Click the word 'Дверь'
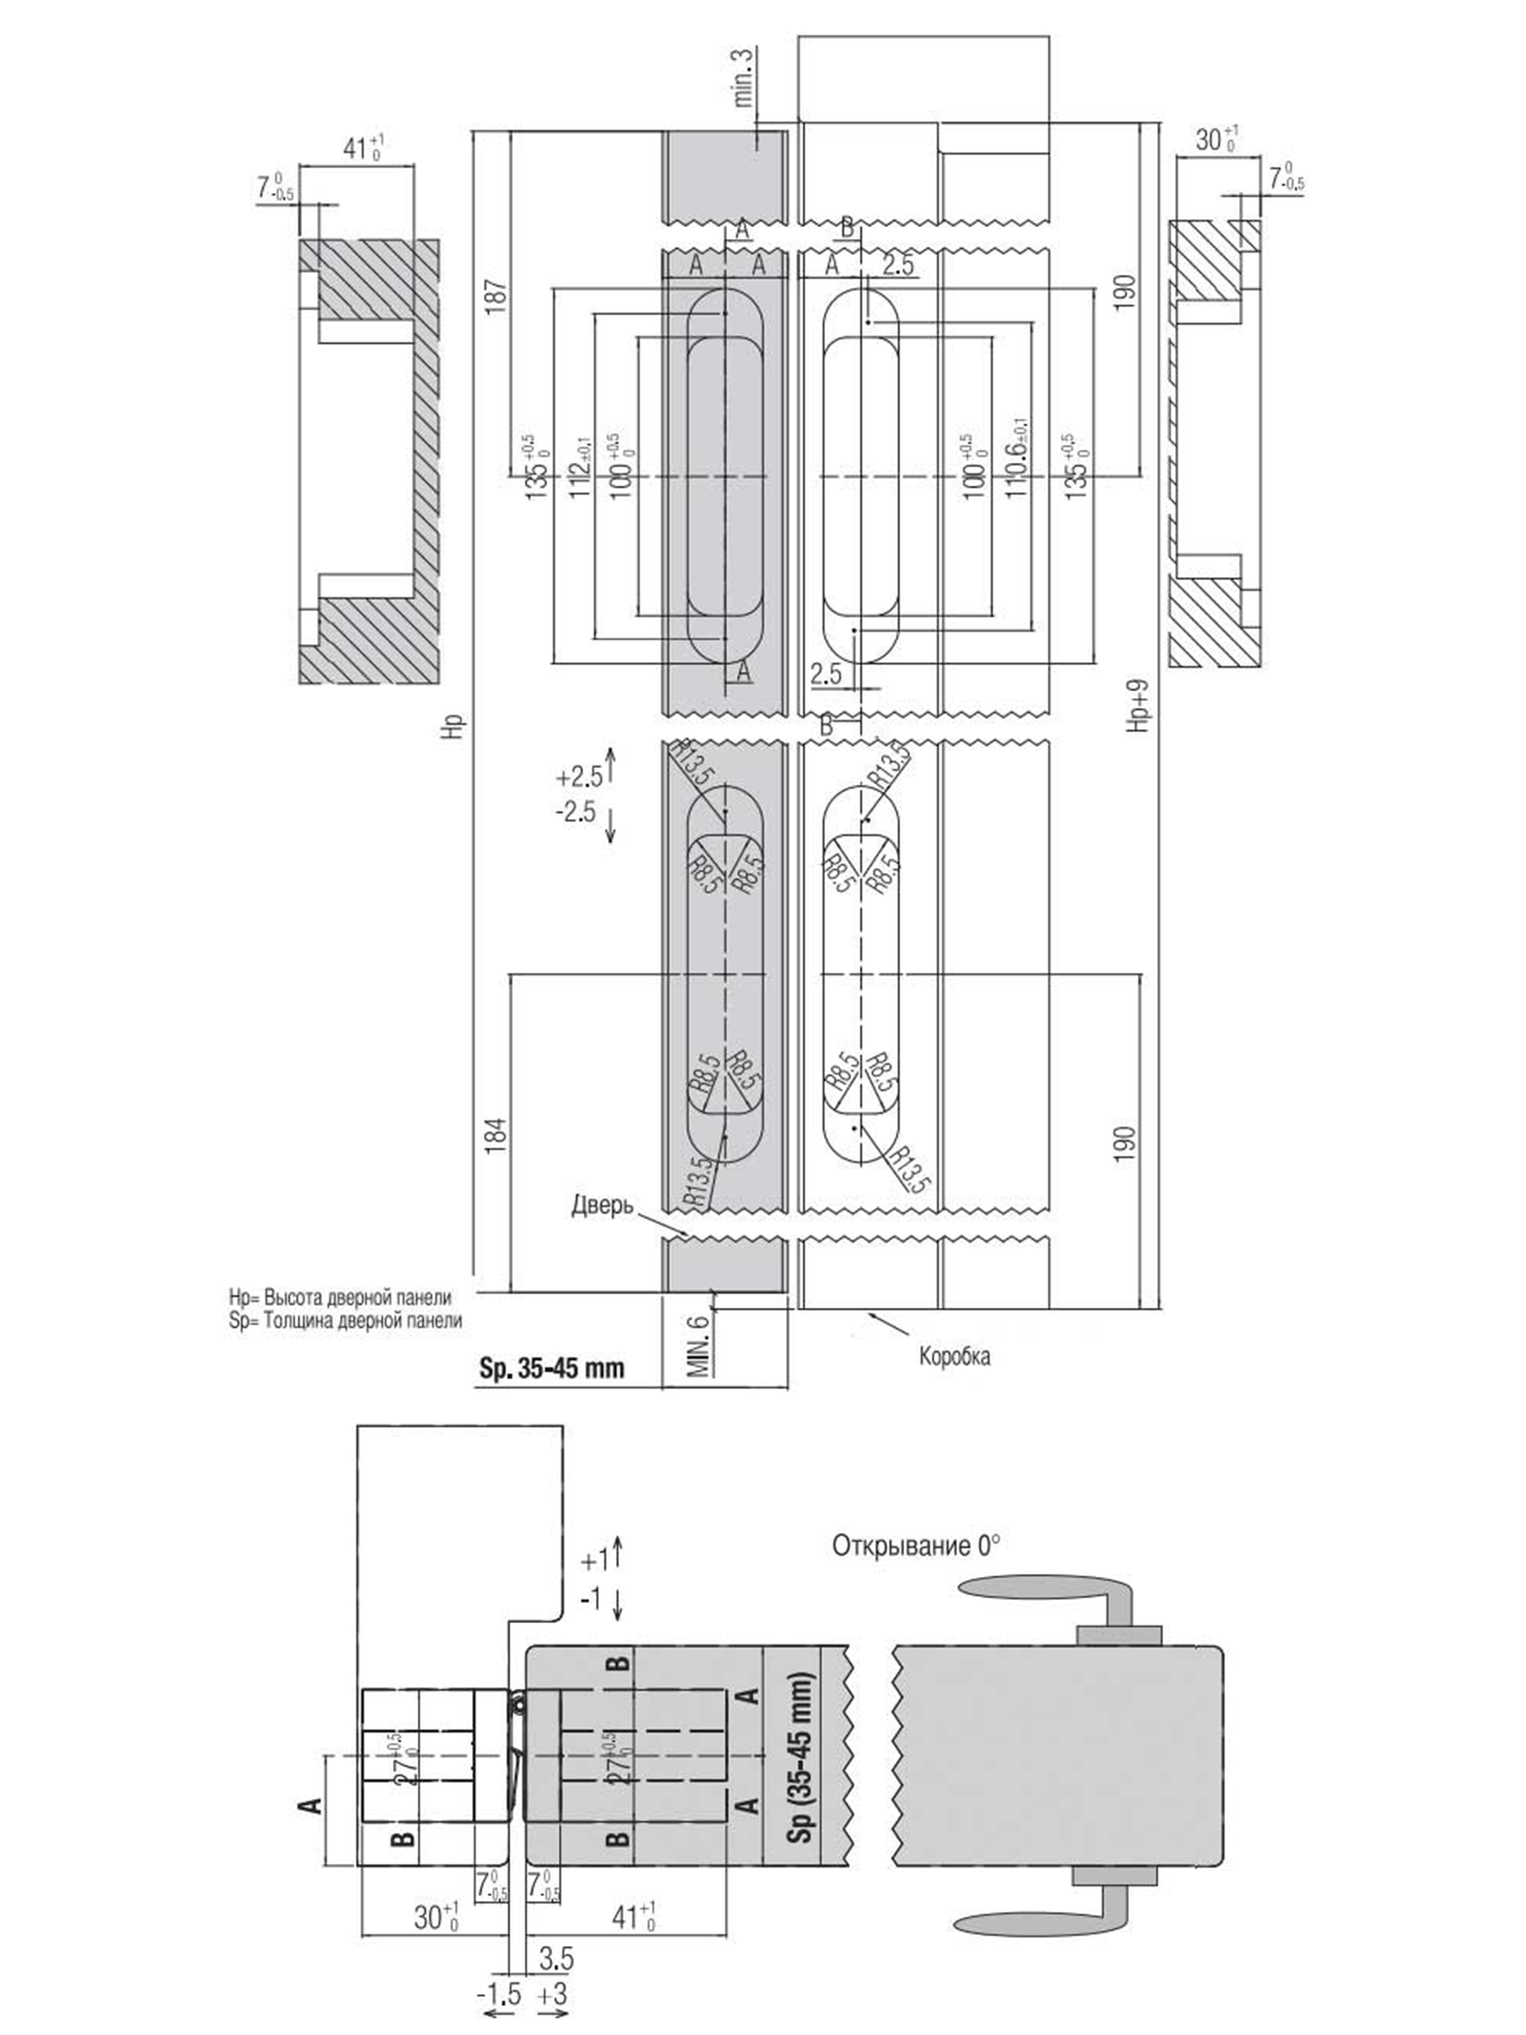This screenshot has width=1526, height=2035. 602,1204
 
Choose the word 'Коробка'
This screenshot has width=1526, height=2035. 954,1356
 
